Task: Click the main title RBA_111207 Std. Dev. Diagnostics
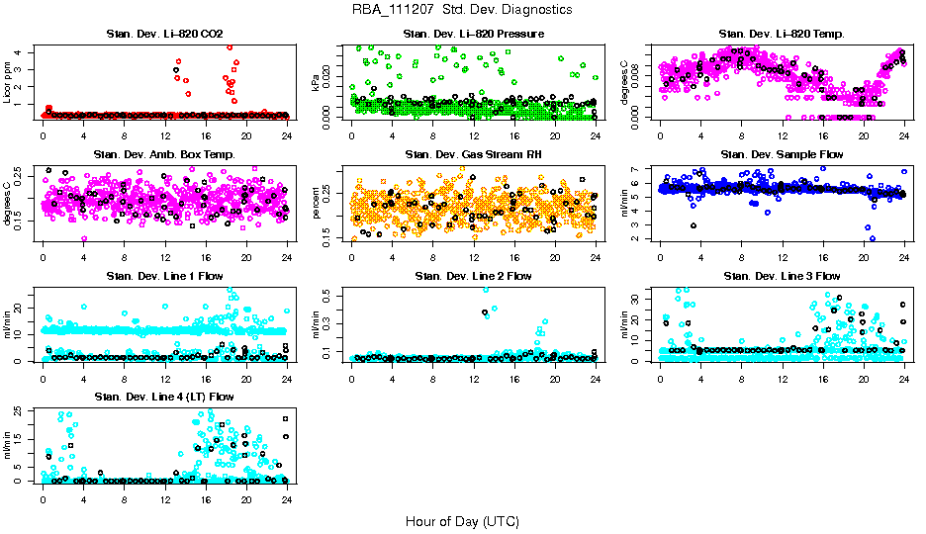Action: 462,10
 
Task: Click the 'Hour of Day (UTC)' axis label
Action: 462,520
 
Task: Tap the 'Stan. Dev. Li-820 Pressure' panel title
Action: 473,35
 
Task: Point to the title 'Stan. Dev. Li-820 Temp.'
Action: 782,35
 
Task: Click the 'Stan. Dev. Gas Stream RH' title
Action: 473,155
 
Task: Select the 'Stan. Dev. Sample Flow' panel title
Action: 782,155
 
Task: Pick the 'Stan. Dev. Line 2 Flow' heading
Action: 473,276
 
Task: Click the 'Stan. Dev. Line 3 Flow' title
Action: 782,276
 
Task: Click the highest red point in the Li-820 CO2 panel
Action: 230,46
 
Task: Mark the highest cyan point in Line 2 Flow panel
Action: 485,289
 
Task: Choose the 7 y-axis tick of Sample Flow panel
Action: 639,168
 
